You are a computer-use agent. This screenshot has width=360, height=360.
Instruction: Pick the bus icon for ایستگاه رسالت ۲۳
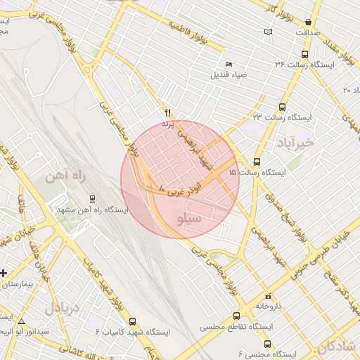point(282,107)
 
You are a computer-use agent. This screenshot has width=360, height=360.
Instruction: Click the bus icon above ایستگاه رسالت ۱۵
point(257,162)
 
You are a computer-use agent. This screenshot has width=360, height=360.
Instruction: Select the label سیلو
point(193,219)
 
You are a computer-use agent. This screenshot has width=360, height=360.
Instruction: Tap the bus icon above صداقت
point(308,22)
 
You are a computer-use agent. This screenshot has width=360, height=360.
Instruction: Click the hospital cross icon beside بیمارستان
point(4,272)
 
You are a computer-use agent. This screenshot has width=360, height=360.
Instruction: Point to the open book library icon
point(267,32)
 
